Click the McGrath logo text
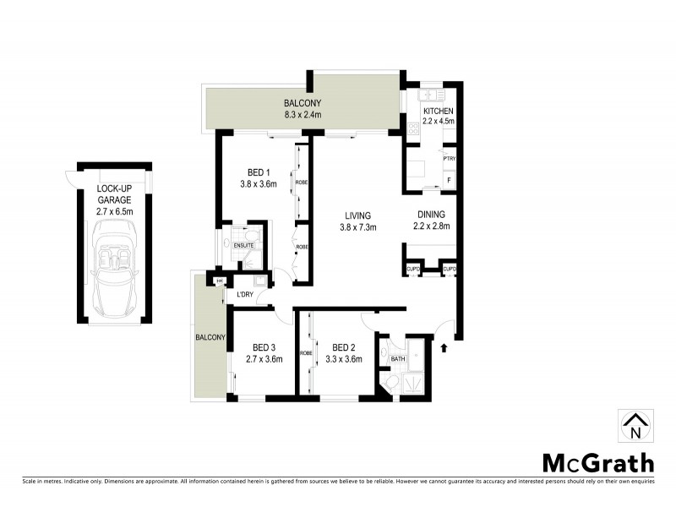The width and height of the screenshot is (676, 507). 597,462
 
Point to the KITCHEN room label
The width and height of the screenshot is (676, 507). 438,117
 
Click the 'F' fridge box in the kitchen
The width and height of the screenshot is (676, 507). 448,181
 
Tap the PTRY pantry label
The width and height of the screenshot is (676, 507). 449,158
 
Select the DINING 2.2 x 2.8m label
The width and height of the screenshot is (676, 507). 431,220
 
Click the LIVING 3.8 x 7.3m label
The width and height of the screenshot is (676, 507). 358,221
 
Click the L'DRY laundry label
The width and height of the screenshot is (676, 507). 246,293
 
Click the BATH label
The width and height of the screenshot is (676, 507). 397,359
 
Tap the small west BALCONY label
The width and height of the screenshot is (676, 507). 211,337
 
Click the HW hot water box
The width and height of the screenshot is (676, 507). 220,281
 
